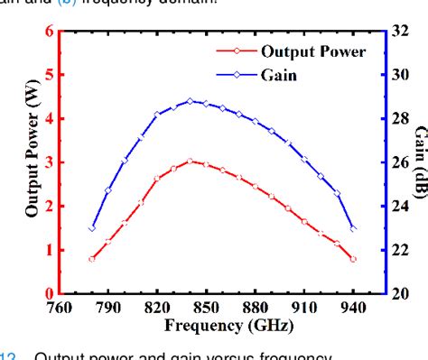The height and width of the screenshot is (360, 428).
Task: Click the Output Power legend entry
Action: [313, 51]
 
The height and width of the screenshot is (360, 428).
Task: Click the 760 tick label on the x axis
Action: [59, 308]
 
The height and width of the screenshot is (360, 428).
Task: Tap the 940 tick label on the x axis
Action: [353, 308]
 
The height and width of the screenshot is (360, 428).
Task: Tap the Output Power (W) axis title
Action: [32, 162]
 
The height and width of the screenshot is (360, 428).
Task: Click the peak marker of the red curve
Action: [190, 162]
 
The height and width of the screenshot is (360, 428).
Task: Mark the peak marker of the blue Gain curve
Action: [190, 101]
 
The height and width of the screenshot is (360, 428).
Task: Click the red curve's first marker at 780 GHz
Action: [92, 259]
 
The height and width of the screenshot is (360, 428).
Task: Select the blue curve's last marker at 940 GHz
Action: [353, 228]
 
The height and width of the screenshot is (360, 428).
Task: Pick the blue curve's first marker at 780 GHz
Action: [92, 228]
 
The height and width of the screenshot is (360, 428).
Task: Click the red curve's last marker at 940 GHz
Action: [353, 259]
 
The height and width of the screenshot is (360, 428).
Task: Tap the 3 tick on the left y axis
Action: [49, 162]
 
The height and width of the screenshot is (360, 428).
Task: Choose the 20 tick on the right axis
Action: [402, 294]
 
